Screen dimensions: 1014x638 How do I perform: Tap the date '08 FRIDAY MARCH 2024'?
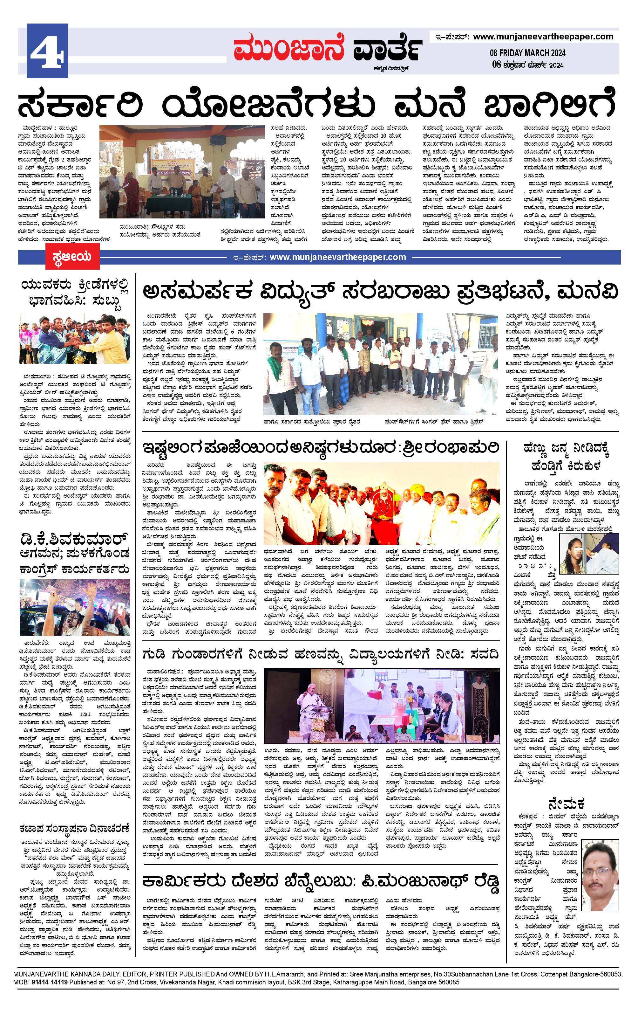[527, 53]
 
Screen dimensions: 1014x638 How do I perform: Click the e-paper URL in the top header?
[543, 37]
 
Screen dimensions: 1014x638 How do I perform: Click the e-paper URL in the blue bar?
[337, 257]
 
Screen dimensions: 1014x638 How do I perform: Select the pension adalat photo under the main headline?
[182, 172]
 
